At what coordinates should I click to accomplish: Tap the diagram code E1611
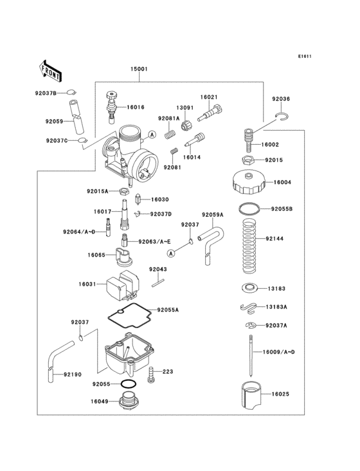pyautogui.click(x=304, y=56)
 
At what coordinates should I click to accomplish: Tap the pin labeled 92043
pyautogui.click(x=159, y=281)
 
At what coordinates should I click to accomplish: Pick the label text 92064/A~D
pyautogui.click(x=79, y=232)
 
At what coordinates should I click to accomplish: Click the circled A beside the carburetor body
pyautogui.click(x=152, y=134)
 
